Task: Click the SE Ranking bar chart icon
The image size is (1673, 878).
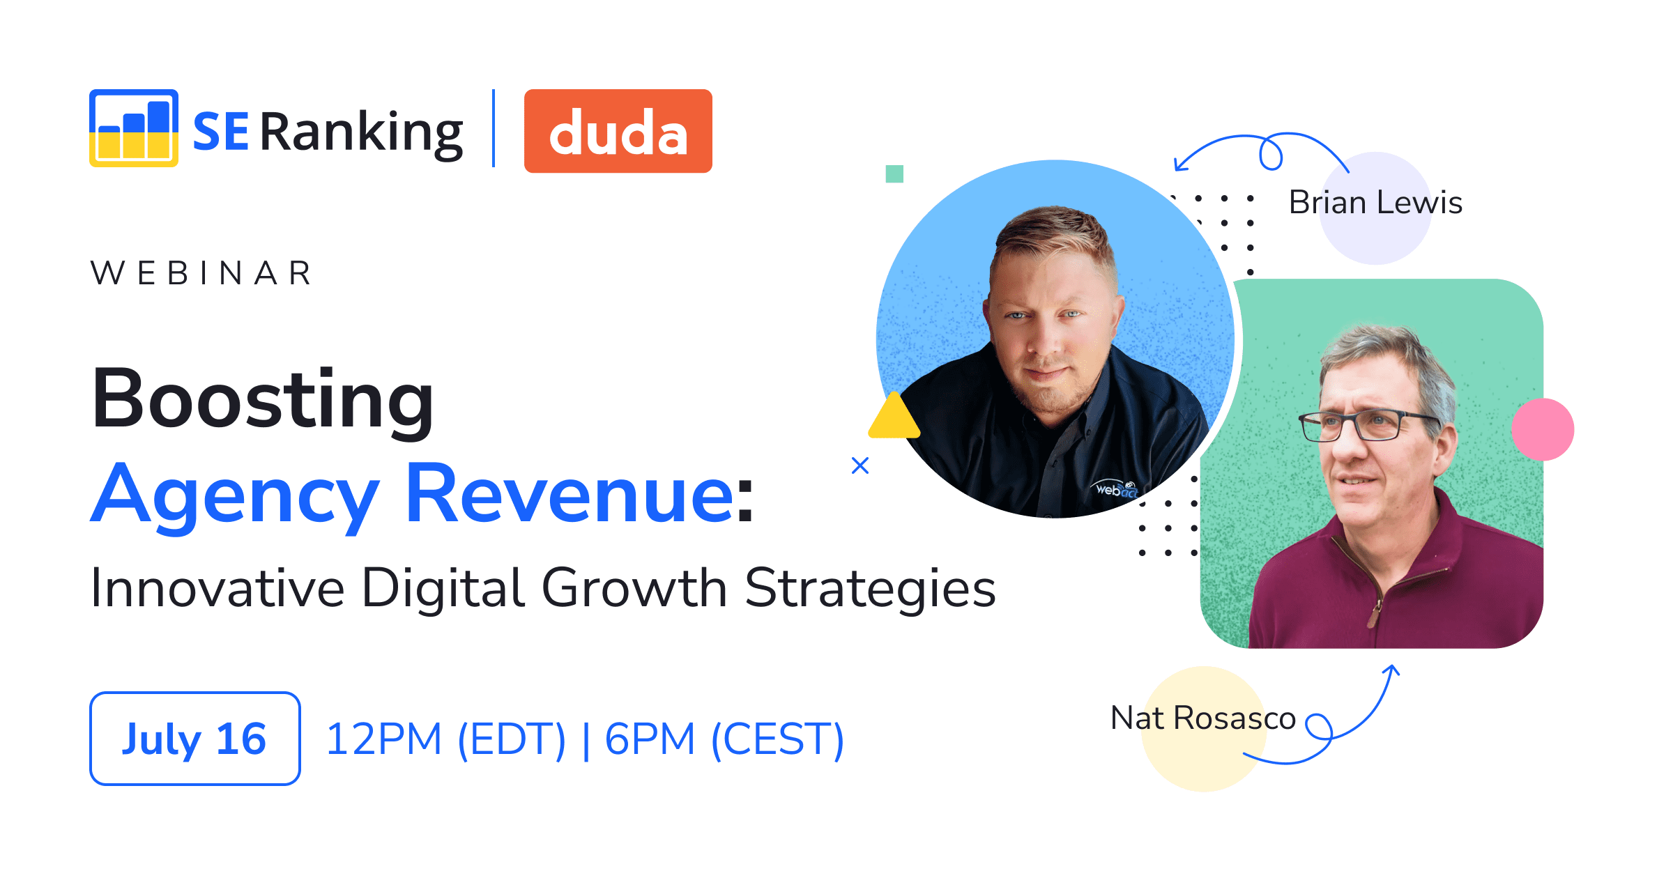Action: click(133, 128)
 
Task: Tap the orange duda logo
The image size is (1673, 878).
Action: click(618, 131)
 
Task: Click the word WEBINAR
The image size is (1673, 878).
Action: click(201, 273)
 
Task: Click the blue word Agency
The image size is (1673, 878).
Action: click(235, 495)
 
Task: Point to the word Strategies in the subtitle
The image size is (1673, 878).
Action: click(869, 588)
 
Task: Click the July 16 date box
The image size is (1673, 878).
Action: click(194, 739)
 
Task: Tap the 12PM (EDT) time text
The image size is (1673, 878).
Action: click(445, 739)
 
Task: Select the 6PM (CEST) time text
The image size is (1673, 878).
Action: click(724, 739)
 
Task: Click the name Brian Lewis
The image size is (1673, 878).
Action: click(1375, 203)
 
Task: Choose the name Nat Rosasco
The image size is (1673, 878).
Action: click(1202, 718)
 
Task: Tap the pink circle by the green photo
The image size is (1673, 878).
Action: click(1542, 429)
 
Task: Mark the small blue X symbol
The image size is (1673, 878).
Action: click(860, 465)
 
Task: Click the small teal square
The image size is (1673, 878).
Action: click(894, 174)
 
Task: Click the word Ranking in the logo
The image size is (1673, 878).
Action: click(361, 132)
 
